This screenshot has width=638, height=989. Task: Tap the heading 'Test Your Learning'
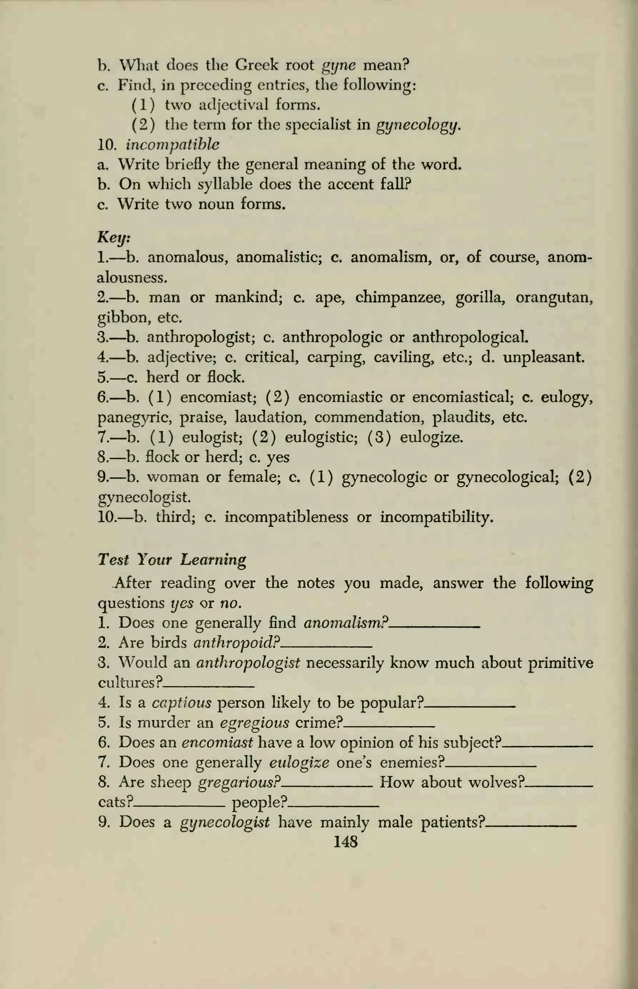172,559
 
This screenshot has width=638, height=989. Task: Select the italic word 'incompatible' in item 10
172,145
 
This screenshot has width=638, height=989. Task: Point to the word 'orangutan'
554,298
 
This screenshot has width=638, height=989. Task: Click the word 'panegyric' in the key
134,417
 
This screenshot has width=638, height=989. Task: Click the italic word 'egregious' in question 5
255,723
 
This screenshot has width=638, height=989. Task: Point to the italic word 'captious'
181,703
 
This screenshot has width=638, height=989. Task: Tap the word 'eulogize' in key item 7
431,437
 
